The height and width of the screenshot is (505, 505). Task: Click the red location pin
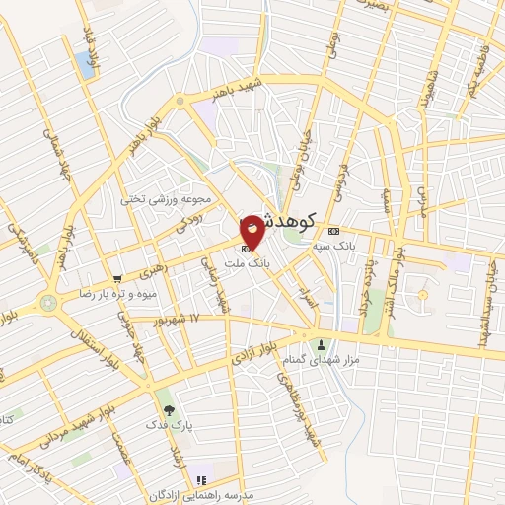252,232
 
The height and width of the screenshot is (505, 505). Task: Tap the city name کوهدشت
296,221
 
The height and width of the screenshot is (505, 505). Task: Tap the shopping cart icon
118,279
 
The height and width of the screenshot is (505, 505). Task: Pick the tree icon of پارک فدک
169,409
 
